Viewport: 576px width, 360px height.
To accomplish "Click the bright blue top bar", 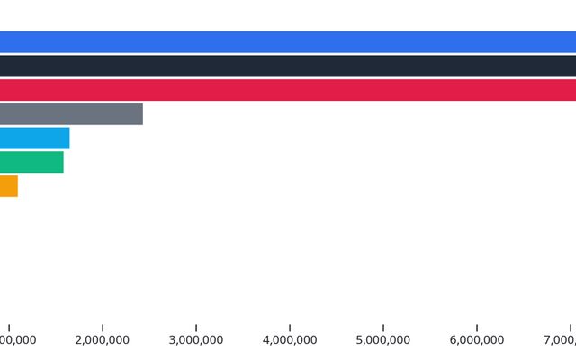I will (x=288, y=42).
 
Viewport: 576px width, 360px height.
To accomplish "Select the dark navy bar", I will (x=288, y=66).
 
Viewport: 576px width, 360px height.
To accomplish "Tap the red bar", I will (x=288, y=90).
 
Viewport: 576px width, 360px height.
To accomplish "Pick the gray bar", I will (x=71, y=114).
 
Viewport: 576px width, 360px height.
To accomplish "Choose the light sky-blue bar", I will (x=34, y=138).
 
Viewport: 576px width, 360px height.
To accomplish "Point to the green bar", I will (x=31, y=162).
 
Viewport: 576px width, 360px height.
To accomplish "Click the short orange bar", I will (x=9, y=186).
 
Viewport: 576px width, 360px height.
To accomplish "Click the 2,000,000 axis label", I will (x=103, y=340).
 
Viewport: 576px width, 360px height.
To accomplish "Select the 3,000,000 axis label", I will (x=196, y=340).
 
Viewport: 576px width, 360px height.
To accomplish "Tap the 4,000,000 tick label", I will (x=290, y=340).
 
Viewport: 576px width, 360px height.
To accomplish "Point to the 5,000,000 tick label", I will (x=383, y=340).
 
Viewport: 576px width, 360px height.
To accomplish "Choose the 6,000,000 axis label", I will (x=477, y=340).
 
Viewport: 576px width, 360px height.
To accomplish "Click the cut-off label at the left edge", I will (x=18, y=340).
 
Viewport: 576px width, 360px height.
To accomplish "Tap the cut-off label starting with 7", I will (x=560, y=340).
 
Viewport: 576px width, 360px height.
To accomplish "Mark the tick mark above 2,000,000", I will (x=103, y=328).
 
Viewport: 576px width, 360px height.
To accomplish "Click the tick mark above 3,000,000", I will (x=196, y=328).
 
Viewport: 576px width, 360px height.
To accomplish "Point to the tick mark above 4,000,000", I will (x=290, y=328).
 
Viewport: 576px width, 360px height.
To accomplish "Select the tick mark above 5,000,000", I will (x=383, y=328).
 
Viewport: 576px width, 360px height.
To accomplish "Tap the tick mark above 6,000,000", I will (x=477, y=328).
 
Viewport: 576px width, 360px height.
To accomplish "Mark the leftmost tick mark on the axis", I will (x=9, y=328).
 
